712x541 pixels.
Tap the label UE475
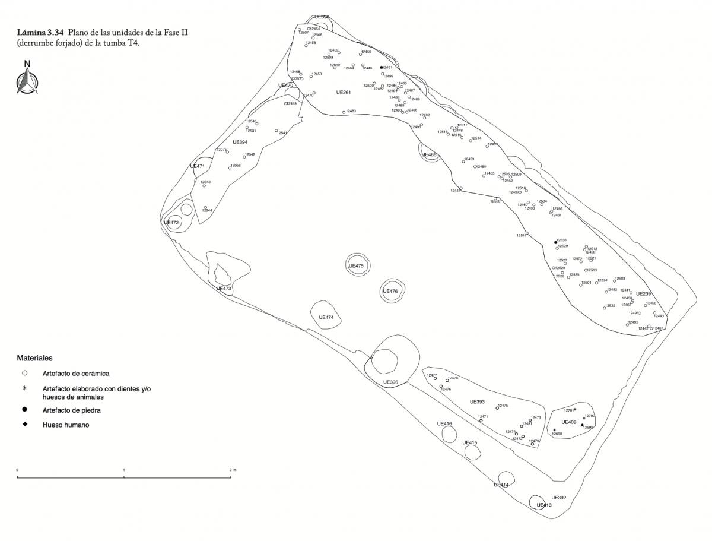(356, 266)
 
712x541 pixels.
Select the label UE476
(390, 291)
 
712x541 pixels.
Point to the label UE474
(326, 317)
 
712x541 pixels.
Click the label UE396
(390, 382)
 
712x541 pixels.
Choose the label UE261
(344, 92)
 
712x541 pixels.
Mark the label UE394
(240, 142)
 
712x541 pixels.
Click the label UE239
(644, 293)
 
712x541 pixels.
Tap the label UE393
(477, 401)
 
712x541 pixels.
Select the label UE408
(568, 422)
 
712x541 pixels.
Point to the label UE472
(171, 222)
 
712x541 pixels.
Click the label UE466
(428, 155)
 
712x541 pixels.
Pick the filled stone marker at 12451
(382, 68)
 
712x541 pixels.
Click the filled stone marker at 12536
(555, 242)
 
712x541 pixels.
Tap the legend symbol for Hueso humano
(24, 425)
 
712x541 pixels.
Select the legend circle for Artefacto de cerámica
(24, 374)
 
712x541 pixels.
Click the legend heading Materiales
(34, 358)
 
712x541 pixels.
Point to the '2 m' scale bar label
(232, 470)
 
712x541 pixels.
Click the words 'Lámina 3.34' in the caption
(40, 32)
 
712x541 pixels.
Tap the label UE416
(444, 423)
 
